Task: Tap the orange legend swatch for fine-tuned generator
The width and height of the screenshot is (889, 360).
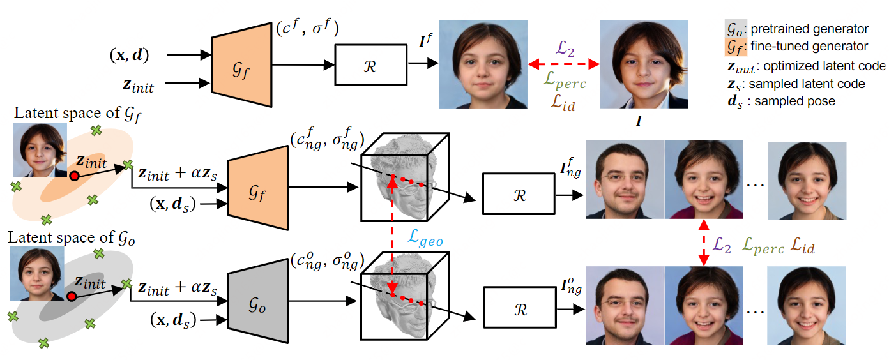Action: coord(727,46)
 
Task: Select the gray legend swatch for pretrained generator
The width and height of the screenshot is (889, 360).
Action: coord(727,29)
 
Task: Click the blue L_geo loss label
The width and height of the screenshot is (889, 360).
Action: coord(425,239)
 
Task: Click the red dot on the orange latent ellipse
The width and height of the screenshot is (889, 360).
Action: coord(74,176)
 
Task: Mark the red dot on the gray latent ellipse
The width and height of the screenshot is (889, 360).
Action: coord(72,297)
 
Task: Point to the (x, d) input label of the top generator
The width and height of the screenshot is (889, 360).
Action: coord(128,56)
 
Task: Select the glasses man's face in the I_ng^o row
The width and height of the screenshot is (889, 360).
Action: coord(626,300)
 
